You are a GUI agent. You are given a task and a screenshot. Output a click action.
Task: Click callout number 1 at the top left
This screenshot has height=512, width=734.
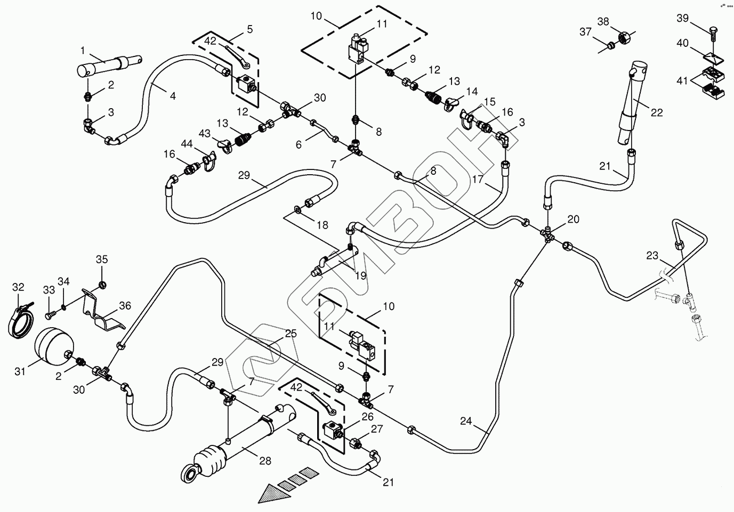click(83, 50)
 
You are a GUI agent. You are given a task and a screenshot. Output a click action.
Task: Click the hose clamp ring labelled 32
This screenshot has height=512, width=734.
click(20, 319)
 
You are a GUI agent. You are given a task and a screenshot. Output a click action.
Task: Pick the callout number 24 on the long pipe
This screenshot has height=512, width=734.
click(466, 421)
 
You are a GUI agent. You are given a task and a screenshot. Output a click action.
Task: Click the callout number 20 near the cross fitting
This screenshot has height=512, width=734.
click(573, 219)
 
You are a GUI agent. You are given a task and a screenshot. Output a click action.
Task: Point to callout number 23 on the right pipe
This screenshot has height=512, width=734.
click(652, 255)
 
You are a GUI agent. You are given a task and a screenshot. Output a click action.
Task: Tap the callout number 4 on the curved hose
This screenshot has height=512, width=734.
click(173, 96)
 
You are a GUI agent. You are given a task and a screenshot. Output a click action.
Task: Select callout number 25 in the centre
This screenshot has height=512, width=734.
click(291, 334)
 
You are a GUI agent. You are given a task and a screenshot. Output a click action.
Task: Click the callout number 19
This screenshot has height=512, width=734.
click(360, 275)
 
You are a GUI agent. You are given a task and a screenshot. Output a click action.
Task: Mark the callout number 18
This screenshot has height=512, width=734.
click(322, 225)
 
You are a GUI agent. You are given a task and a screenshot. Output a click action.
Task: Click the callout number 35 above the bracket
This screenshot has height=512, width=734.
click(102, 259)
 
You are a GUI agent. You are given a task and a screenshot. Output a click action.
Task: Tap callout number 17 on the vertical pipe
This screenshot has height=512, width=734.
click(478, 180)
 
